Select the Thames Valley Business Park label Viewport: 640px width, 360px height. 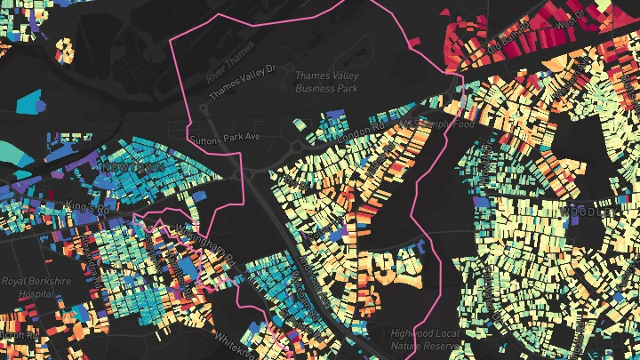[326, 83]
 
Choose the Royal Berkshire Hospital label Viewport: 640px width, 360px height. [29, 286]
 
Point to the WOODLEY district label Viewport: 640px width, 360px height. [587, 212]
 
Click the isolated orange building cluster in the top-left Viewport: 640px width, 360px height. [63, 46]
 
